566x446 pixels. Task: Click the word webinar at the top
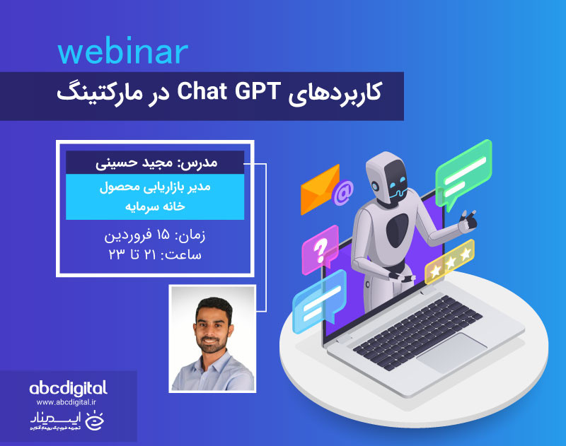tap(122, 52)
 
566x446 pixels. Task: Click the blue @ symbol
tap(344, 192)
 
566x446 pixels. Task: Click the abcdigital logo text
tap(69, 388)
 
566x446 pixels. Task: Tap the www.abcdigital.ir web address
tap(69, 403)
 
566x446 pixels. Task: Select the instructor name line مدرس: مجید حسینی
tap(156, 162)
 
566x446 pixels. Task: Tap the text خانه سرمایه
tap(155, 207)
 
